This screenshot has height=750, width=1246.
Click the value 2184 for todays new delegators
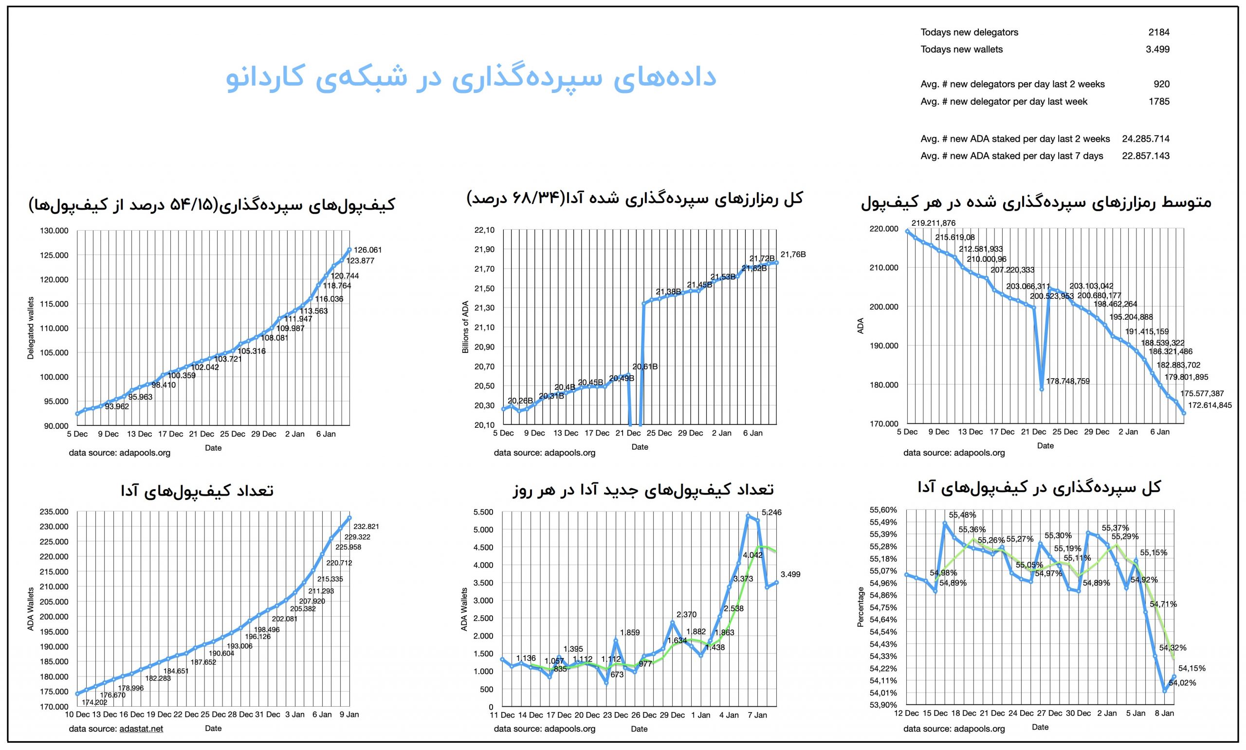pos(1158,32)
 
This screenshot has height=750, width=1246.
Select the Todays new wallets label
pos(961,50)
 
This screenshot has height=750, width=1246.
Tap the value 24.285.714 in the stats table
pos(1145,139)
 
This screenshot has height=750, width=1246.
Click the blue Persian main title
pos(471,78)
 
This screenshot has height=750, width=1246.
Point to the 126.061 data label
pos(367,250)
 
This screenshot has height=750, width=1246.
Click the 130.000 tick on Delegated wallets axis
pos(54,231)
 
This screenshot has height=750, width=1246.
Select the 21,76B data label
pos(793,255)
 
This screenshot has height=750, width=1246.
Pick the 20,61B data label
pos(645,367)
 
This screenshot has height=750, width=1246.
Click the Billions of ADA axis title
pos(465,327)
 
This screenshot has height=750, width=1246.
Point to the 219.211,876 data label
pos(933,223)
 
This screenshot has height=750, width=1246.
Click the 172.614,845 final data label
pos(1209,405)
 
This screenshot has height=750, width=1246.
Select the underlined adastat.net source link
pos(141,728)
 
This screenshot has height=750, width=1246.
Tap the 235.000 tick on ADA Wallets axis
pos(54,512)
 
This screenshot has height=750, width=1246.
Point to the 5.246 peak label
pos(771,512)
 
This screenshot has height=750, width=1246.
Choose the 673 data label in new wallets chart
pos(617,674)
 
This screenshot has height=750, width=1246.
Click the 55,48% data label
pos(962,515)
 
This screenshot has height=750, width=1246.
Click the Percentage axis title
pos(861,606)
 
